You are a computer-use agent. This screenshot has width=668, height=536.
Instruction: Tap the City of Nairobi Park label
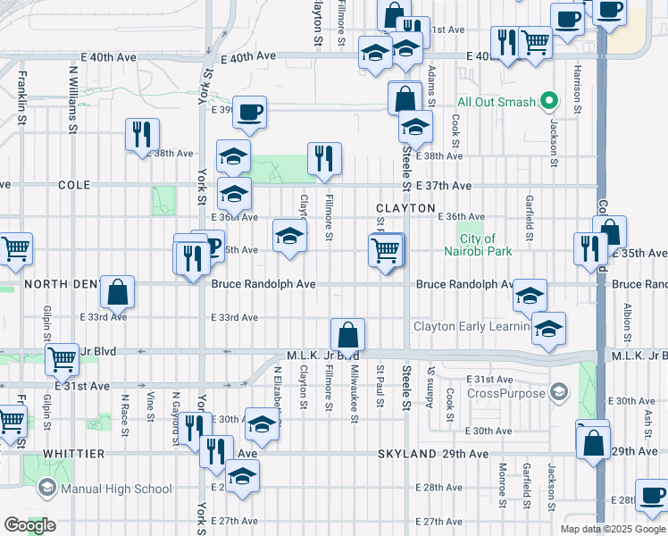pyautogui.click(x=486, y=245)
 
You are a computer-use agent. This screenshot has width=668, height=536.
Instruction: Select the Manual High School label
pyautogui.click(x=115, y=489)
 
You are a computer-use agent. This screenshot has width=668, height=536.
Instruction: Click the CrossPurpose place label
pyautogui.click(x=506, y=393)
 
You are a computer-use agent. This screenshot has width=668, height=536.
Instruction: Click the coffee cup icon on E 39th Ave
pyautogui.click(x=249, y=113)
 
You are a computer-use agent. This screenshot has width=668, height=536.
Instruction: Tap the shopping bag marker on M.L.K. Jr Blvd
pyautogui.click(x=348, y=336)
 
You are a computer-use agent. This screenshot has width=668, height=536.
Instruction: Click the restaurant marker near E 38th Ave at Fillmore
pyautogui.click(x=324, y=159)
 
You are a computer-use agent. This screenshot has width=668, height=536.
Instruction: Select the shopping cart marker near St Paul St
pyautogui.click(x=385, y=251)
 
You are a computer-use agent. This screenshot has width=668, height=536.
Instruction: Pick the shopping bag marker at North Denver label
pyautogui.click(x=117, y=291)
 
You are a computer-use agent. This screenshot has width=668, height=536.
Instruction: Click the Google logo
pyautogui.click(x=29, y=525)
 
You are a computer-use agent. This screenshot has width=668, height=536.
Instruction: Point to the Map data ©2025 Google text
pyautogui.click(x=613, y=529)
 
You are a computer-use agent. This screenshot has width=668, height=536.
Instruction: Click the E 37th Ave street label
pyautogui.click(x=443, y=185)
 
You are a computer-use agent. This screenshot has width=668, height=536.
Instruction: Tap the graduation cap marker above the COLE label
pyautogui.click(x=233, y=157)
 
